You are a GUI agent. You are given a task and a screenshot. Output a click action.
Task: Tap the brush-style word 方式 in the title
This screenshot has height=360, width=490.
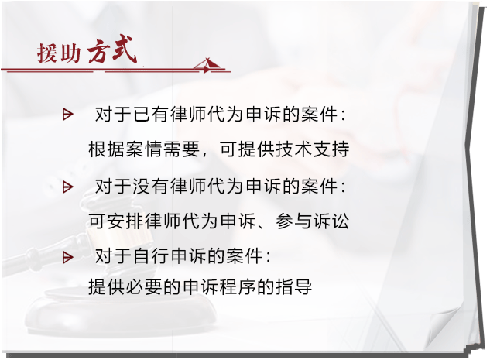112,50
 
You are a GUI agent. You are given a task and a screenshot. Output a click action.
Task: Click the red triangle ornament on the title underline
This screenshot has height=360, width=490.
209,64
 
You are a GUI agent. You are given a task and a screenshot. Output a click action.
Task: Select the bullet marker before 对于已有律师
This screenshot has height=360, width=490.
67,115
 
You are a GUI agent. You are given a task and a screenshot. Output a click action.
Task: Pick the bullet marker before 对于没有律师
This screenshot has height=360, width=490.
67,187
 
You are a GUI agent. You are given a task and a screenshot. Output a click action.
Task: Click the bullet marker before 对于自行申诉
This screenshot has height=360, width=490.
67,258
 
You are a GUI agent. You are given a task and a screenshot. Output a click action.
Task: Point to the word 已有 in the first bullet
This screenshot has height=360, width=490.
151,115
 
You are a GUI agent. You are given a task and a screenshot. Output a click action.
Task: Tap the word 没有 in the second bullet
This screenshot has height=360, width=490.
151,187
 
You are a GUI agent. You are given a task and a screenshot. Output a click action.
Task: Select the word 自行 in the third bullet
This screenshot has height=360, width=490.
151,257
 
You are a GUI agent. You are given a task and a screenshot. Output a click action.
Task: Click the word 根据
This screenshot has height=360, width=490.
107,149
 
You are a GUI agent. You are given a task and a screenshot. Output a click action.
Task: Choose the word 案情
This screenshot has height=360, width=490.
143,149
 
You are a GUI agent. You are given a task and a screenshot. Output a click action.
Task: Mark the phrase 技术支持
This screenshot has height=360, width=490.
312,149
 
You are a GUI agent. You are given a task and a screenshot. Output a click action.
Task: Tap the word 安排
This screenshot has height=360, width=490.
125,221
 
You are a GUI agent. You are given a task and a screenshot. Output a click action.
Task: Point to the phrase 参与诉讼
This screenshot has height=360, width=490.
312,221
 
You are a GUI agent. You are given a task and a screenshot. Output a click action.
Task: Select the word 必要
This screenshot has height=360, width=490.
143,286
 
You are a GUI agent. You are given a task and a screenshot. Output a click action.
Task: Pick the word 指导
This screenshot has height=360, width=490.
293,286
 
